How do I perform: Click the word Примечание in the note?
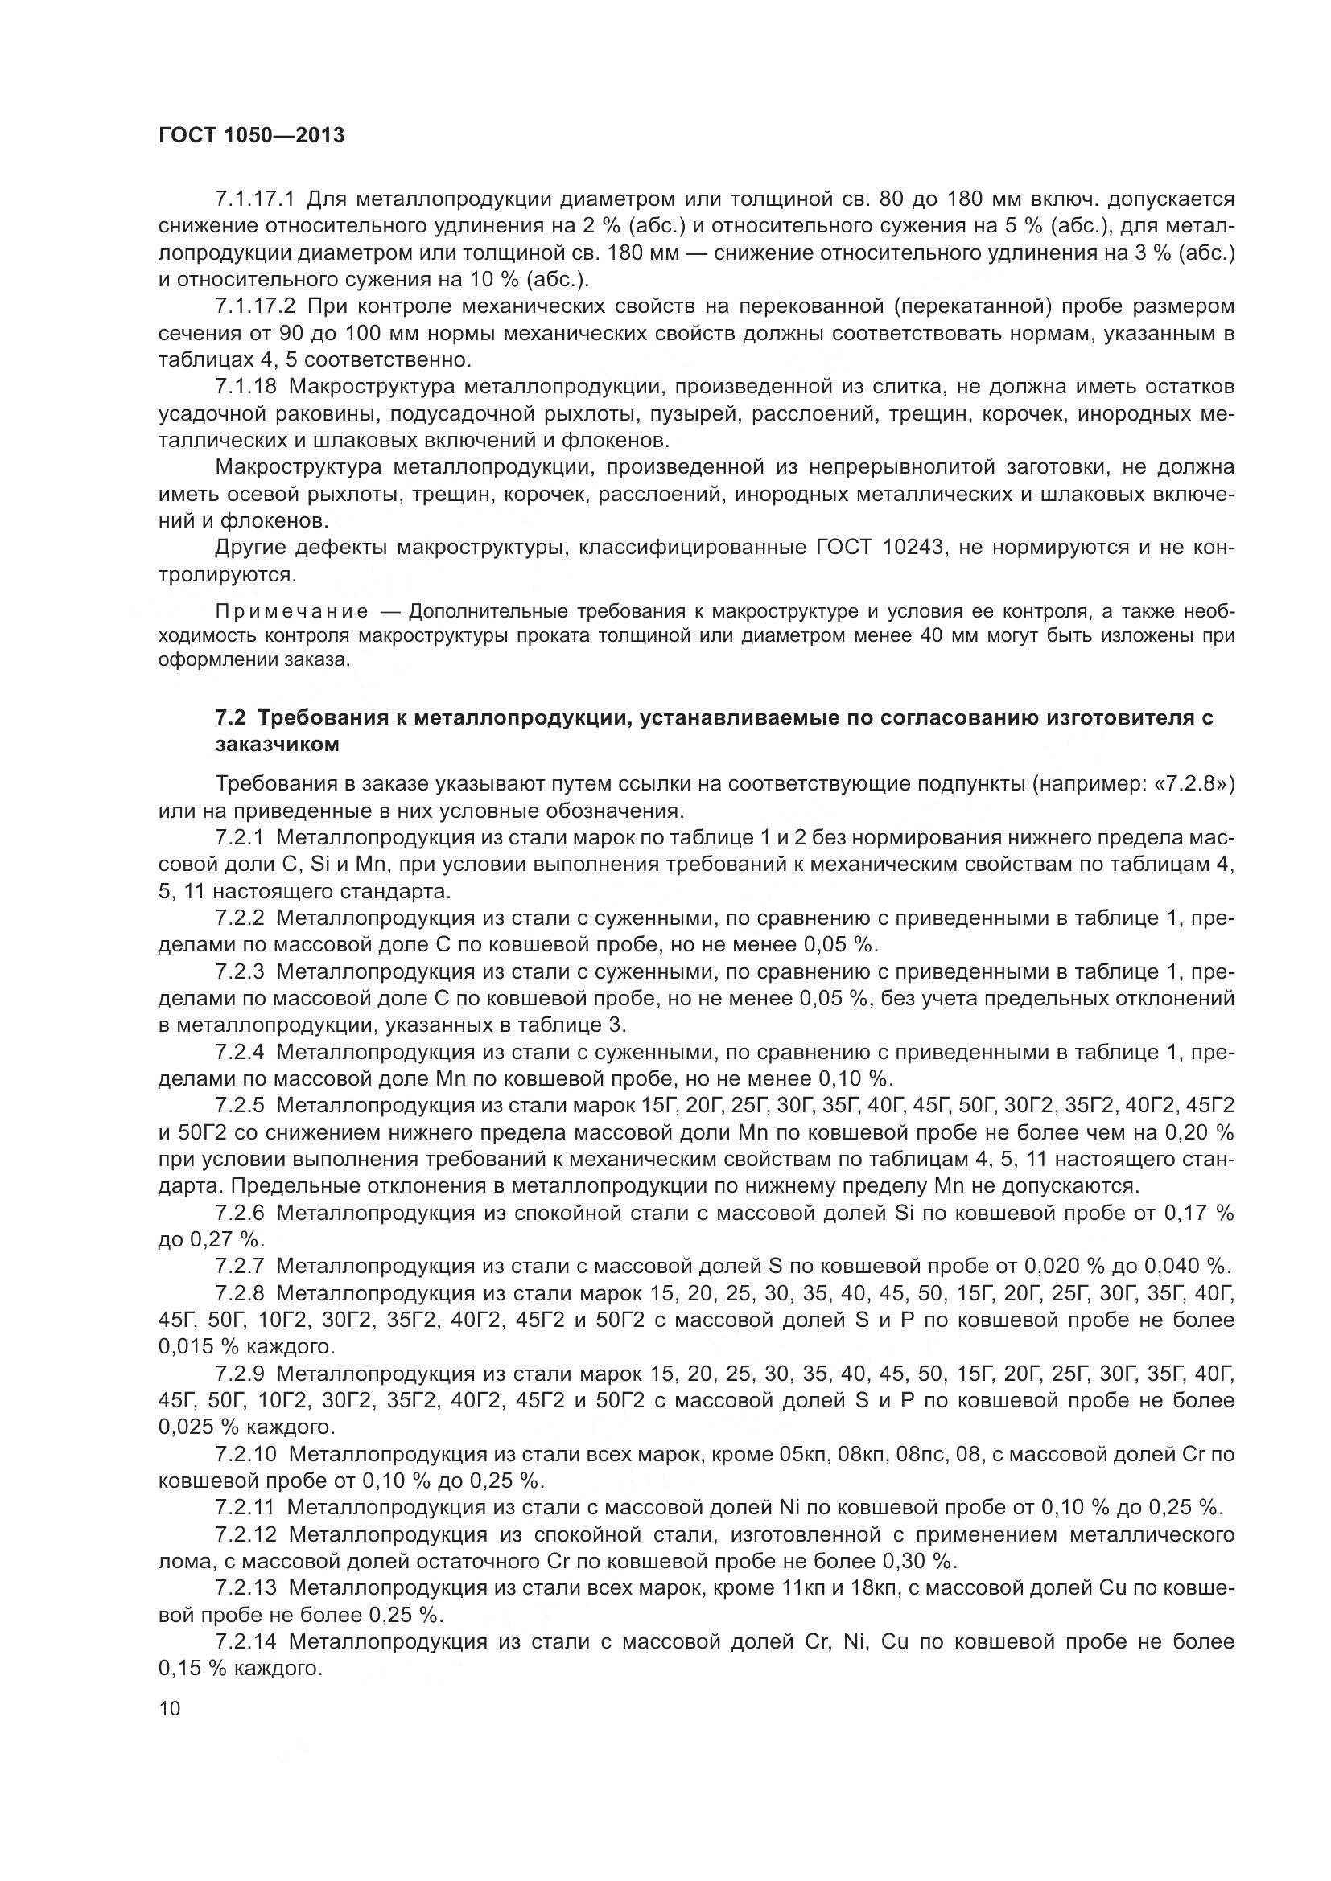(291, 611)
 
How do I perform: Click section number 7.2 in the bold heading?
(231, 717)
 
